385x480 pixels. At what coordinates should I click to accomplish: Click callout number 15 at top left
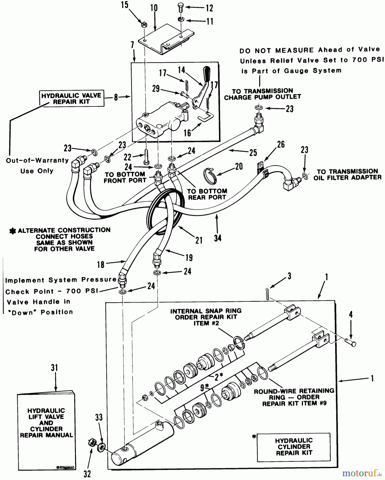[125, 5]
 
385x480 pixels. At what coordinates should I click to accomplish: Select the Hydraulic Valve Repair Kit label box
[71, 98]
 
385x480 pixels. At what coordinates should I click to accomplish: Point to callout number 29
[156, 89]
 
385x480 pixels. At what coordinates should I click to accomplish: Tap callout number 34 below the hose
[218, 238]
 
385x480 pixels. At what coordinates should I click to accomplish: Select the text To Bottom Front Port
[125, 177]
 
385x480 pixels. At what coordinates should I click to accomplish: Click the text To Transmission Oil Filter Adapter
[347, 174]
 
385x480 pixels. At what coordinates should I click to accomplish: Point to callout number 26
[281, 144]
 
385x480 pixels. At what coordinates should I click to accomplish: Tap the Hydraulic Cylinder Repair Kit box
[294, 447]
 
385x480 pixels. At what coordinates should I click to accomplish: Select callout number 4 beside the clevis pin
[351, 314]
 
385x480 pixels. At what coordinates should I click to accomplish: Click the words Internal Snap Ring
[206, 311]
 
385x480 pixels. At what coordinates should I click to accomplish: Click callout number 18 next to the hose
[101, 265]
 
